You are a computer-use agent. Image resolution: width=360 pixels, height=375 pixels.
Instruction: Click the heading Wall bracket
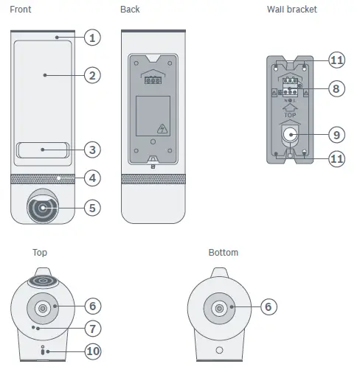coord(291,9)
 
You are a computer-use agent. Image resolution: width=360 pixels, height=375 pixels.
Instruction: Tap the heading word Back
coord(130,9)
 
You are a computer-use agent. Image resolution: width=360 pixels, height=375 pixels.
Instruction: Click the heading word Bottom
coord(224,253)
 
